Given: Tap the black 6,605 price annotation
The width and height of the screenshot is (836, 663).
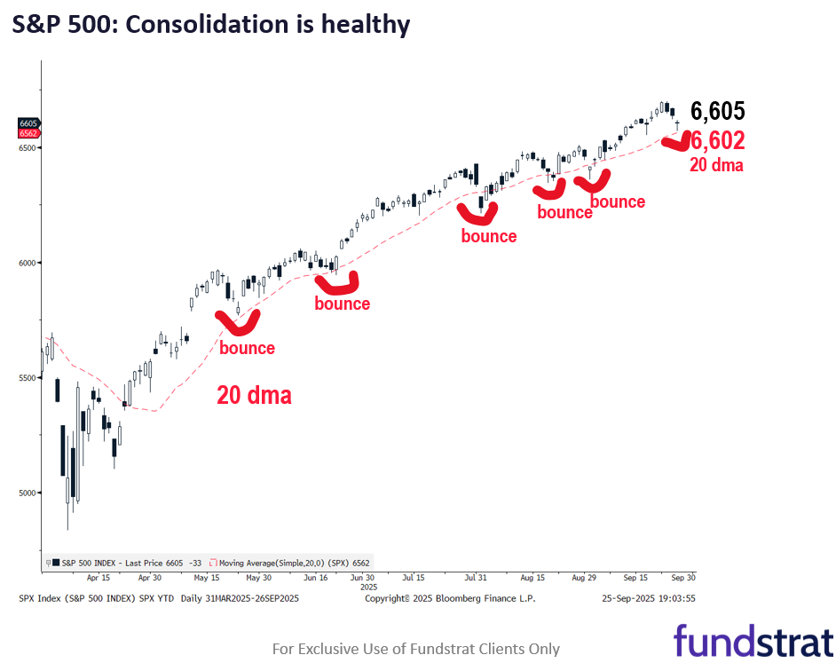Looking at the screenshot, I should pos(717,112).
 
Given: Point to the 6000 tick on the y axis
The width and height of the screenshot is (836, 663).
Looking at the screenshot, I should pos(27,263).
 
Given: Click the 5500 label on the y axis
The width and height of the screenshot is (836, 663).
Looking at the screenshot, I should pos(27,378).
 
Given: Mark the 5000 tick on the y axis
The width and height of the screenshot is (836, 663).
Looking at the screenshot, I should pos(27,493).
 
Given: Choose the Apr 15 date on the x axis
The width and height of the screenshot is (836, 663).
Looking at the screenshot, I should pos(99,577).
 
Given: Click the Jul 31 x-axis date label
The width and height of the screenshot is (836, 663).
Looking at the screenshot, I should pos(477,577).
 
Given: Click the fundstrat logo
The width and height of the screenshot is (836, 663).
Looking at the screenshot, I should pos(753,641).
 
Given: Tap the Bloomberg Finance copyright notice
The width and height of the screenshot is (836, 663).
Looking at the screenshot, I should pos(450,598).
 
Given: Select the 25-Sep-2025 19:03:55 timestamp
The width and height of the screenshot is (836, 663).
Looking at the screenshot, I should pos(649,598).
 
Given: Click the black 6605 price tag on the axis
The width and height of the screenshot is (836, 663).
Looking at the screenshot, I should pos(28,123).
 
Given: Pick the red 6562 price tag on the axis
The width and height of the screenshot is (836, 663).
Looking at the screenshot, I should pos(28,133).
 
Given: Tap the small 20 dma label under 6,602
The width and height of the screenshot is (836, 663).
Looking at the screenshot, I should pos(716,165).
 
